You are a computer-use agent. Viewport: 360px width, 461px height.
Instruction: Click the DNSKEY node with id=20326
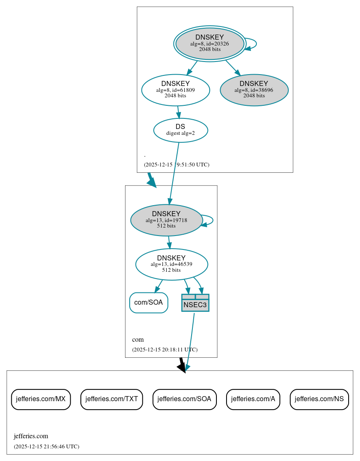click(210, 43)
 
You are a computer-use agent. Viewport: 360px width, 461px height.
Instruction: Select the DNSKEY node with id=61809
click(176, 90)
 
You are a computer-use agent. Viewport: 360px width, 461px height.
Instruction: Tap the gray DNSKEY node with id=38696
click(254, 90)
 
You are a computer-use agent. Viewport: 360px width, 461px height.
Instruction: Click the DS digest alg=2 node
click(180, 130)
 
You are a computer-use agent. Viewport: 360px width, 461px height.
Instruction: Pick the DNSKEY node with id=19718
click(166, 220)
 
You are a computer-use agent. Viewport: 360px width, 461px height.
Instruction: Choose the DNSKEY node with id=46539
click(171, 264)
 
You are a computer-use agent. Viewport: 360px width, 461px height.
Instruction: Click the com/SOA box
click(149, 303)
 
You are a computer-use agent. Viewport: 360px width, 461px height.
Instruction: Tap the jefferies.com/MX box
click(41, 399)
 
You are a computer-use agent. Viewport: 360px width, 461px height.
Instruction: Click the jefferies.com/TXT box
click(112, 399)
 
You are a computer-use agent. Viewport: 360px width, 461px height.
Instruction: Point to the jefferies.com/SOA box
click(184, 399)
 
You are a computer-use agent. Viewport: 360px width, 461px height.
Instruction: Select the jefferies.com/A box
click(253, 399)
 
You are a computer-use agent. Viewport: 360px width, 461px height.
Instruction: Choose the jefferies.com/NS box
click(319, 399)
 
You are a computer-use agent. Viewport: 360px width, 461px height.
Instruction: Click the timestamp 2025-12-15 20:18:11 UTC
click(165, 349)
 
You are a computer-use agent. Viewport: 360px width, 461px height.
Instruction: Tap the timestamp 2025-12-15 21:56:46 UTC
click(46, 446)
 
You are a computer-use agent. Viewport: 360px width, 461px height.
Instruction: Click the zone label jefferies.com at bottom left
click(31, 436)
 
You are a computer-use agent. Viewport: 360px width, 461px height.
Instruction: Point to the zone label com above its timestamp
click(138, 340)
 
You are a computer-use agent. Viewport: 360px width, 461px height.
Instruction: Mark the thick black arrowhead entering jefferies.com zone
click(182, 368)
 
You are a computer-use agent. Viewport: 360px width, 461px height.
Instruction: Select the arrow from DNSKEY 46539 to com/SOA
click(159, 286)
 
